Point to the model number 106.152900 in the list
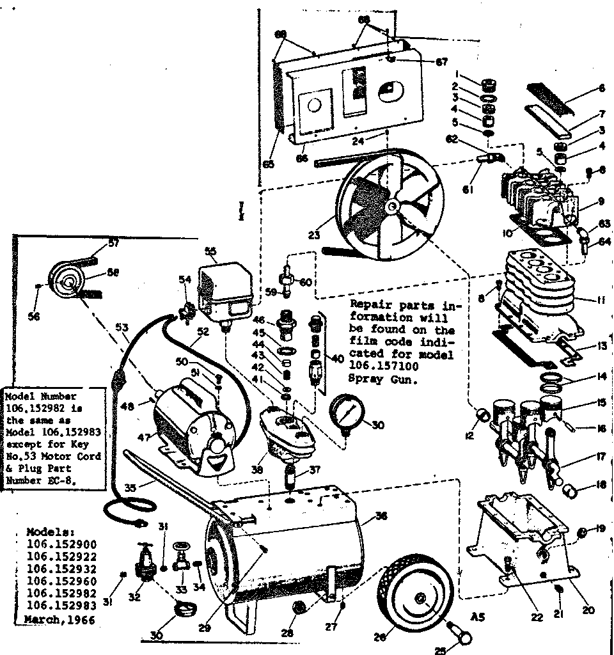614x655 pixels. click(x=61, y=544)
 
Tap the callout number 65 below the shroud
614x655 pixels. click(x=269, y=164)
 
